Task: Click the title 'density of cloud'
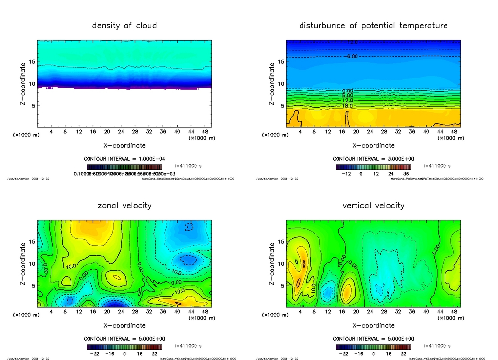pyautogui.click(x=124, y=25)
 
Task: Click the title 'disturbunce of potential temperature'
pyautogui.click(x=373, y=25)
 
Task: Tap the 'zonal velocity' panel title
pyautogui.click(x=124, y=205)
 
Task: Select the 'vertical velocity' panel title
pyautogui.click(x=373, y=205)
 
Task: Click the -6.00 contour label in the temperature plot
pyautogui.click(x=352, y=57)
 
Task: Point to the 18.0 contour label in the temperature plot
pyautogui.click(x=347, y=105)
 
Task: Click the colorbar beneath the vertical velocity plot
pyautogui.click(x=373, y=347)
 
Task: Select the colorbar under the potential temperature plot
pyautogui.click(x=373, y=167)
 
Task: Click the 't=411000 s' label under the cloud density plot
pyautogui.click(x=188, y=165)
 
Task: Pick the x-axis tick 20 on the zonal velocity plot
pyautogui.click(x=107, y=312)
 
